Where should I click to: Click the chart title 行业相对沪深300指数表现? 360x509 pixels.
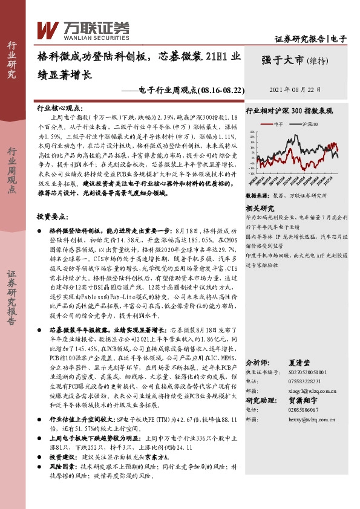click(x=289, y=111)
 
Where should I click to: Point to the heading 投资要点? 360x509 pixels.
click(x=53, y=216)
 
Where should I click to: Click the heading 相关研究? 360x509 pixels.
click(x=261, y=207)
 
